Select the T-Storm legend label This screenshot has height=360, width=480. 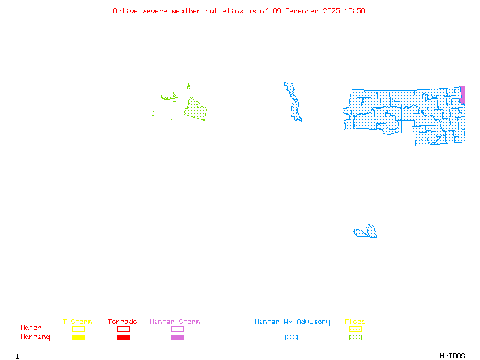[77, 322]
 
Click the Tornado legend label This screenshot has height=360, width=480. [122, 322]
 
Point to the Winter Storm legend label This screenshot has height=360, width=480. [175, 322]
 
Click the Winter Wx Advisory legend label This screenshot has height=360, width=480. [292, 322]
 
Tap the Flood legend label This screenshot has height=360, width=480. [355, 322]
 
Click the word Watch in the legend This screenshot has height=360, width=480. [31, 328]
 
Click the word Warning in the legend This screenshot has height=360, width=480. [35, 337]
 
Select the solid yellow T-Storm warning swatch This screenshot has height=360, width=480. [78, 338]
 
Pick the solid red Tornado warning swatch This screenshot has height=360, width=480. [123, 338]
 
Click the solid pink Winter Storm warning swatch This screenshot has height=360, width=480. [177, 338]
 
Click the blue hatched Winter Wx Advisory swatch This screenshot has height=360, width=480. [291, 338]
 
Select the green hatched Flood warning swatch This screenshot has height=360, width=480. [355, 338]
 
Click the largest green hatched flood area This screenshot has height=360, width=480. [196, 110]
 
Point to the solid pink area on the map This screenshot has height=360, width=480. [463, 95]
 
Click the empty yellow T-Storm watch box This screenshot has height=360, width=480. [78, 329]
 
